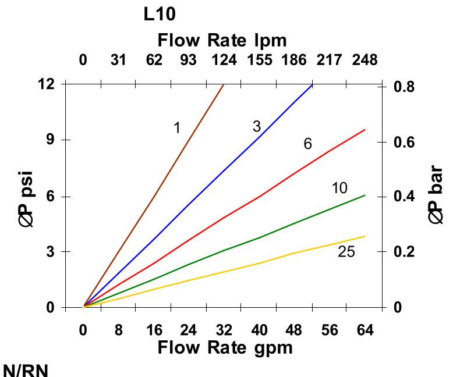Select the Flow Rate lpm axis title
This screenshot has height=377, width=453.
pos(222,41)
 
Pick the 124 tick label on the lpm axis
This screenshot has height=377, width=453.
pos(224,60)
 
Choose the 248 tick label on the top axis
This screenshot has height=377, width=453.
pos(364,60)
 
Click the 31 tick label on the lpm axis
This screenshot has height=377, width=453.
pos(119,60)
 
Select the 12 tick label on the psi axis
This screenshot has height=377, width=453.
pos(47,84)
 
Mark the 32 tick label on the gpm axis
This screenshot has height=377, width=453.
pos(224,330)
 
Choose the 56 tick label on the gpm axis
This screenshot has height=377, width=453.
pos(330,330)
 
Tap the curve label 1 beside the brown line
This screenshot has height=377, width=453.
pos(177,128)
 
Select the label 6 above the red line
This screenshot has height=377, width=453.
pos(307,144)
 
